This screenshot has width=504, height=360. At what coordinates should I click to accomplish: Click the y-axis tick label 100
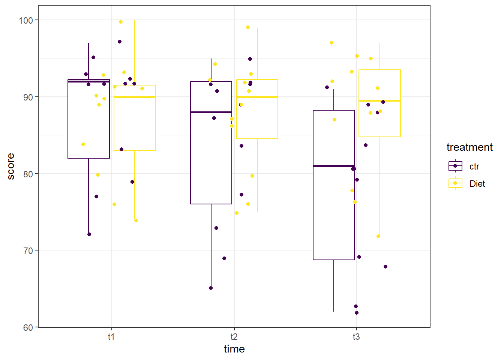click(x=25, y=20)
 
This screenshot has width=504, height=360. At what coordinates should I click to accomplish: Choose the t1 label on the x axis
click(x=111, y=337)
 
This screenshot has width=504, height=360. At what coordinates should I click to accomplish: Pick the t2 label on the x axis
click(x=234, y=337)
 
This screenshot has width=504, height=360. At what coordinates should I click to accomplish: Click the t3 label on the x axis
click(x=356, y=337)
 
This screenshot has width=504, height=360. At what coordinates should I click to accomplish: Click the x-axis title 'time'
click(x=234, y=349)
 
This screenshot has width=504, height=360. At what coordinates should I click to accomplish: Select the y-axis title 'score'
click(x=11, y=166)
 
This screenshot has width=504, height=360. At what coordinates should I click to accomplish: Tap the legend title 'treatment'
click(x=469, y=147)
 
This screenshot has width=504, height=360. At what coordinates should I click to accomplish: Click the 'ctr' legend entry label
click(x=474, y=166)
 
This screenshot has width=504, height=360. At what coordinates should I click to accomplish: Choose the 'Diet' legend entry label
click(x=477, y=184)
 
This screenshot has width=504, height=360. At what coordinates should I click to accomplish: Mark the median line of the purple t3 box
click(x=334, y=166)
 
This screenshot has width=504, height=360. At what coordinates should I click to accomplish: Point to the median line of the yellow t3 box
click(x=379, y=101)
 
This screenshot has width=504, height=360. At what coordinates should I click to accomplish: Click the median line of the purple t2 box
click(x=211, y=112)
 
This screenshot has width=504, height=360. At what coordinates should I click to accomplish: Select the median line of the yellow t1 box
click(x=135, y=97)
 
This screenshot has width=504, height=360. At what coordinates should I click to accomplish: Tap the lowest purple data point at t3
click(x=357, y=313)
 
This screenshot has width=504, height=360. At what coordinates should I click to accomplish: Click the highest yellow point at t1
click(x=121, y=22)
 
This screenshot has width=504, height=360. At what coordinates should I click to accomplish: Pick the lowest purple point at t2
click(x=211, y=288)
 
